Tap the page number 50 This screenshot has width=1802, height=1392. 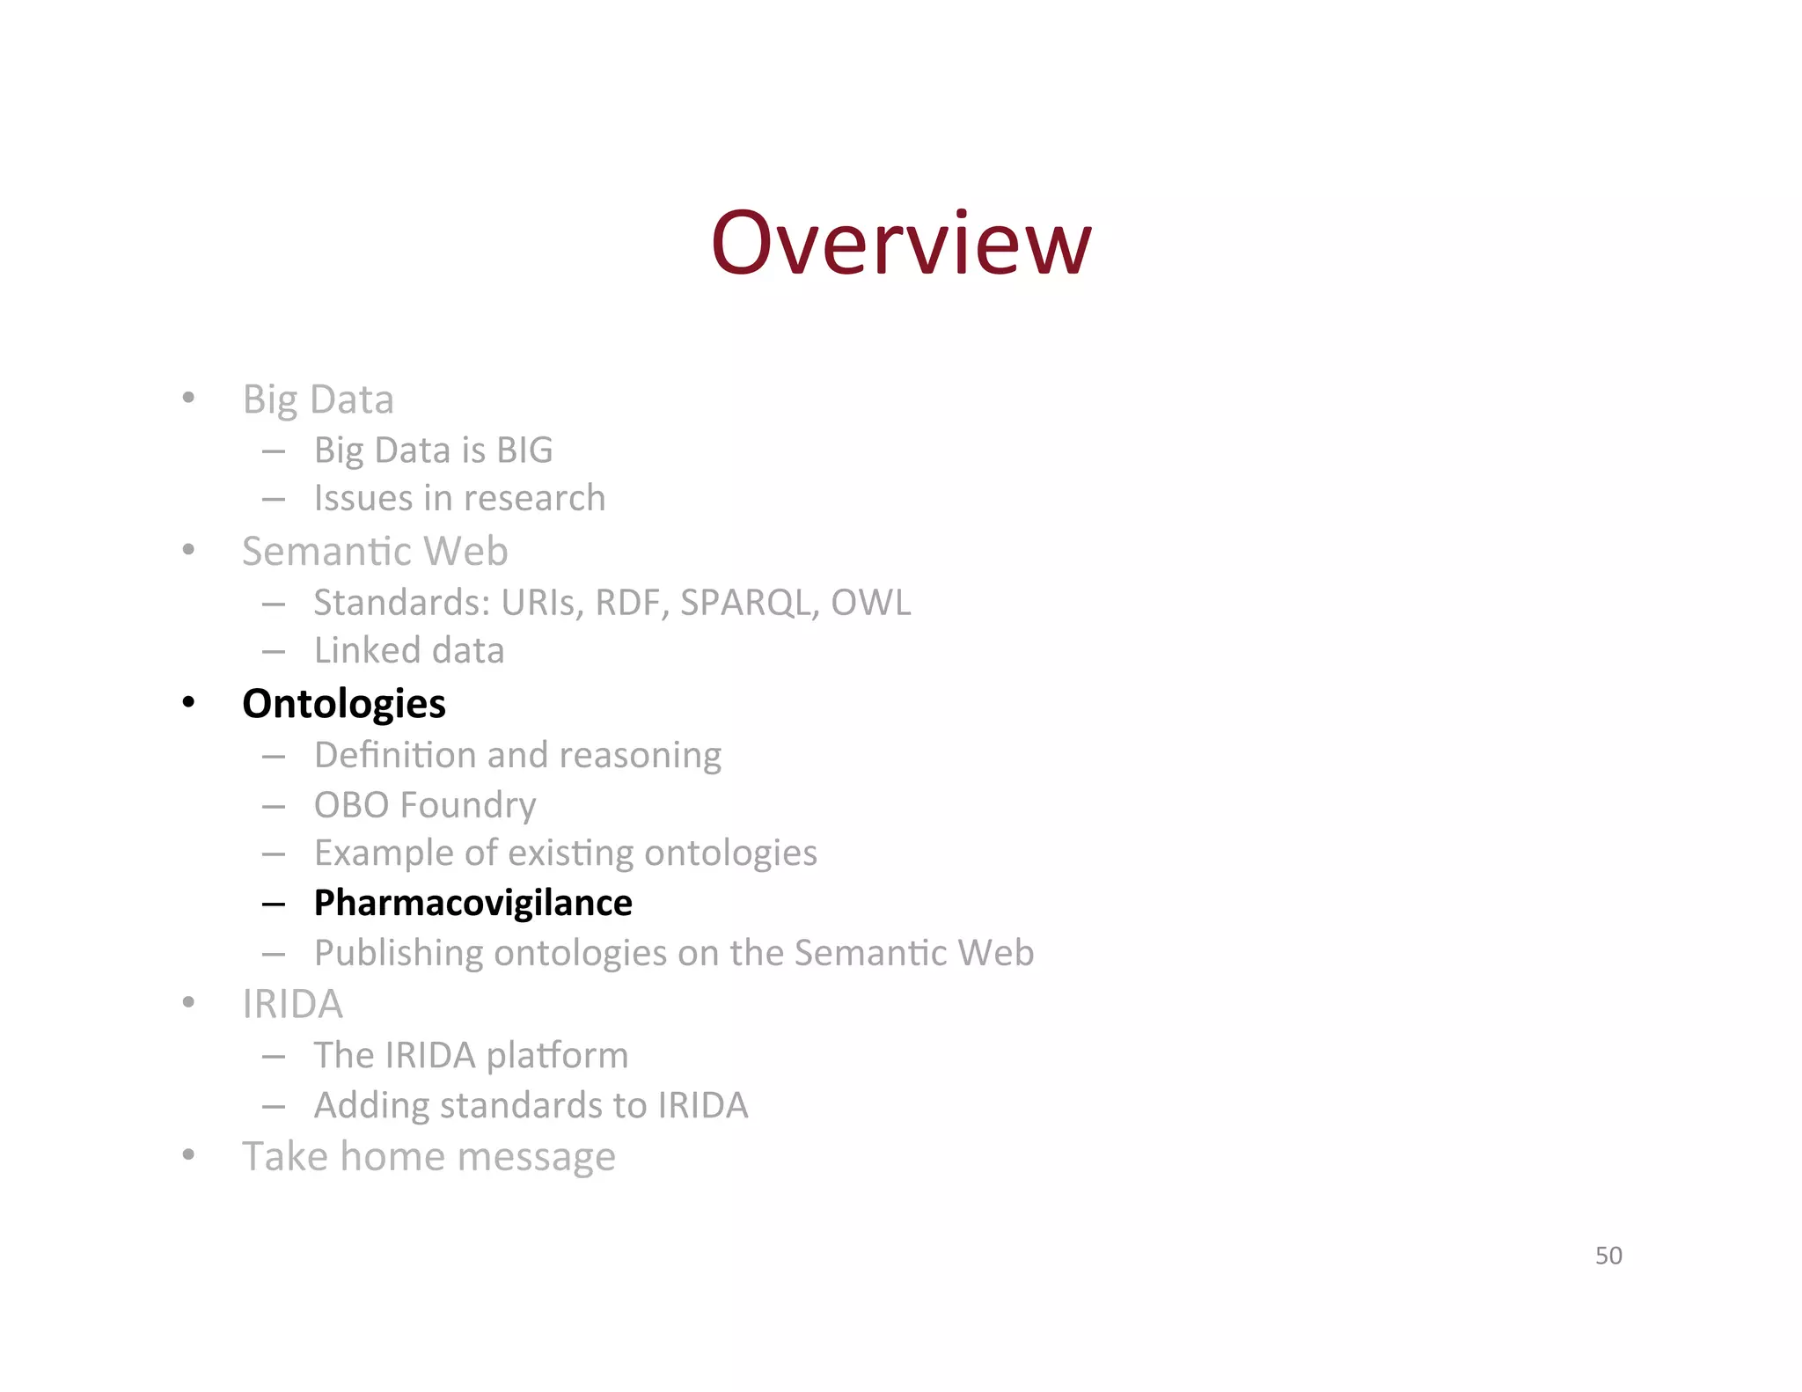[x=1608, y=1255]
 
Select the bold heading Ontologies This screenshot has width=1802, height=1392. [x=344, y=704]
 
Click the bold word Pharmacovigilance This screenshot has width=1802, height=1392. [x=472, y=903]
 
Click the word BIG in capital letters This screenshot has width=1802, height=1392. [x=524, y=451]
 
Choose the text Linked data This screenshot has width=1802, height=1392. [x=409, y=651]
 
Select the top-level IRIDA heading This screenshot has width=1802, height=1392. [x=292, y=1004]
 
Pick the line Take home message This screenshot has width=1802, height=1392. [x=429, y=1156]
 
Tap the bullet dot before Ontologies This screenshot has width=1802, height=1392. [x=188, y=703]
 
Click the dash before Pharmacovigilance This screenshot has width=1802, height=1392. [x=274, y=904]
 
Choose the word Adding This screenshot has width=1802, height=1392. [x=371, y=1105]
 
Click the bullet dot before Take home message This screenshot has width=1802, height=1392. [x=188, y=1154]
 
